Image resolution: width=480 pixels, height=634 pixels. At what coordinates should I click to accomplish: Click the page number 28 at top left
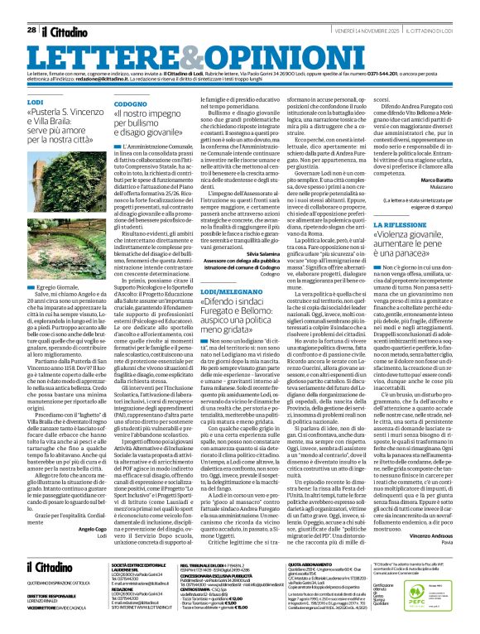31,8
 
